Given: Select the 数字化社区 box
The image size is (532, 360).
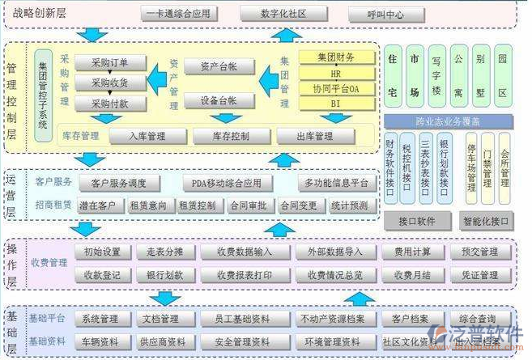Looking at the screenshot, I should (x=283, y=15).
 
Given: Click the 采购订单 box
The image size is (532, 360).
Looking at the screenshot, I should (x=110, y=63).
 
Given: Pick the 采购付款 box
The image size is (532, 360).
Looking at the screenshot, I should (x=110, y=103).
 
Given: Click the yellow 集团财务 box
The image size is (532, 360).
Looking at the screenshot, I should (x=337, y=57).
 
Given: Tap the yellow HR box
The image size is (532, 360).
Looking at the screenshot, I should (x=337, y=73).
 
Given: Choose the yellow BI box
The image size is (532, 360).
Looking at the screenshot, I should (x=337, y=104).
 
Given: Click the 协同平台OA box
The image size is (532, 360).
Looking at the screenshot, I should (x=337, y=88).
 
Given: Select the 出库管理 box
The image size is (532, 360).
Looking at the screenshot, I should (x=316, y=136).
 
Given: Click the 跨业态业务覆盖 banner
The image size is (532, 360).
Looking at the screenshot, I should (x=448, y=122).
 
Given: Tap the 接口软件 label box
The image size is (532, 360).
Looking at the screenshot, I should (x=417, y=220).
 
